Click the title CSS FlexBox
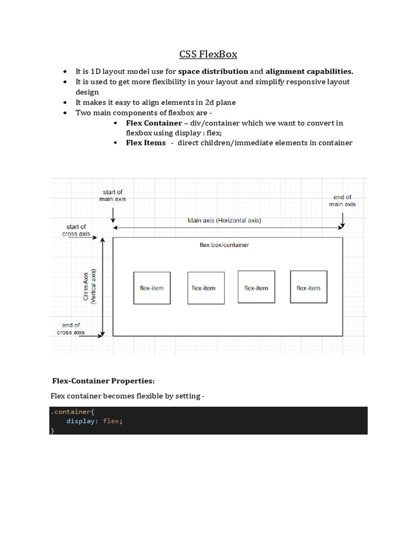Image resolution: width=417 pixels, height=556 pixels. (x=208, y=54)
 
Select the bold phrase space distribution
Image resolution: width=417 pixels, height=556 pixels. (x=213, y=71)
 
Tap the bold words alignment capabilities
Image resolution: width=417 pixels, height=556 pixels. (x=309, y=71)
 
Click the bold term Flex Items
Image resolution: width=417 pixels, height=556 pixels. (x=146, y=143)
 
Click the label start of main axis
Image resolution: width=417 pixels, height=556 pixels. (x=112, y=195)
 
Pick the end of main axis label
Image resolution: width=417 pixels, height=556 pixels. (x=342, y=200)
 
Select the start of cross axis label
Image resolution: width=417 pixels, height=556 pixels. (x=76, y=230)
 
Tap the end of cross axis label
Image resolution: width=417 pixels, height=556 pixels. (x=71, y=328)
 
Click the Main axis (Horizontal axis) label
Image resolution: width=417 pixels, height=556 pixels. (x=224, y=220)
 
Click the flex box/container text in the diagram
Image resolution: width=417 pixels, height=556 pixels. (x=224, y=245)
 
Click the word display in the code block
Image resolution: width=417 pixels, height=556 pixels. (x=79, y=421)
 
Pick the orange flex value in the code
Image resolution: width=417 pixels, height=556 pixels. (x=110, y=421)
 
